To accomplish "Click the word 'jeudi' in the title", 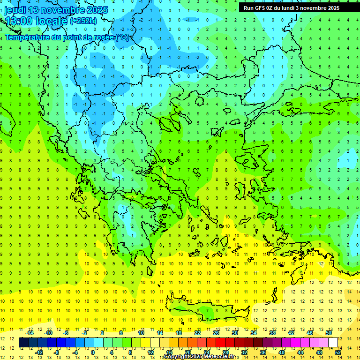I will coord(15,10).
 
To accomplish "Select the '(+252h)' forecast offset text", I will coord(83,21).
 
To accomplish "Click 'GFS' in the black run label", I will coord(260,8).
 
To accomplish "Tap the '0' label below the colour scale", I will coord(92,352).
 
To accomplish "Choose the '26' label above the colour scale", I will coord(216,333).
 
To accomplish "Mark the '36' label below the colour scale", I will coord(262,352).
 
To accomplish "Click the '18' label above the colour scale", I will coord(179,333).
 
